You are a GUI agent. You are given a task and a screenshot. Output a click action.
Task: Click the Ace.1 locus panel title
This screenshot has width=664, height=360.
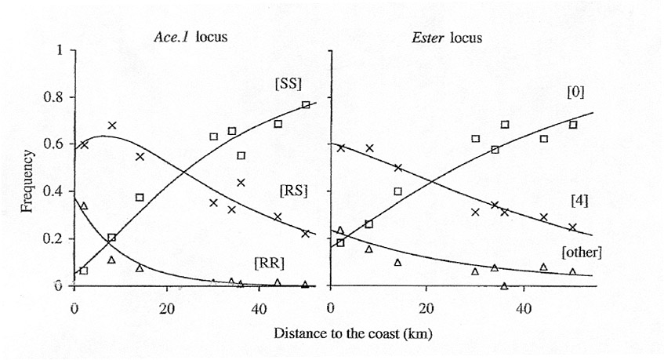[x=190, y=38]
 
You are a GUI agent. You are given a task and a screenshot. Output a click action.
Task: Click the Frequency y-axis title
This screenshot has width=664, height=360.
[x=29, y=168]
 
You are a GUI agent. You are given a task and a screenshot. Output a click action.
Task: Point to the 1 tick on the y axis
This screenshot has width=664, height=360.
[x=60, y=51]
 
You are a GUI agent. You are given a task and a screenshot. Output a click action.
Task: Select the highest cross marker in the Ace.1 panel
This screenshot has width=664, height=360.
[x=112, y=125]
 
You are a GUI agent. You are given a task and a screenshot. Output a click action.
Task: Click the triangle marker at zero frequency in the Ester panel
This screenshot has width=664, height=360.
[x=504, y=285]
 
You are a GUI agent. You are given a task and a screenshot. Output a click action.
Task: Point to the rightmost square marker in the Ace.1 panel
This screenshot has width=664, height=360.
[x=306, y=105]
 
